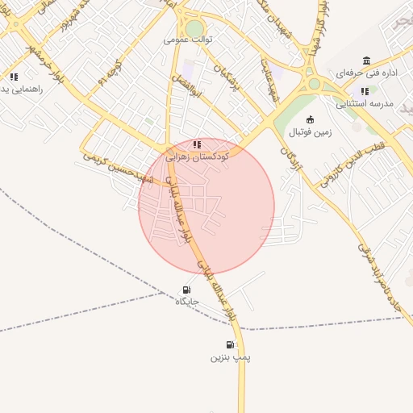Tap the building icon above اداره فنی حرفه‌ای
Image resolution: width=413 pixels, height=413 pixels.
click(x=367, y=61)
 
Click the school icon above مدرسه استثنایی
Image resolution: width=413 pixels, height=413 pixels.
click(x=365, y=91)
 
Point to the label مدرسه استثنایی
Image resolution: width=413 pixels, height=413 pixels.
click(x=364, y=103)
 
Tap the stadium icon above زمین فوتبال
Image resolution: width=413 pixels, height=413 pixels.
click(x=311, y=119)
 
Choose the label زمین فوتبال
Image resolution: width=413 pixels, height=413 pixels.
click(x=310, y=131)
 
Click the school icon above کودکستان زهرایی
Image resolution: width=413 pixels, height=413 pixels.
click(x=198, y=144)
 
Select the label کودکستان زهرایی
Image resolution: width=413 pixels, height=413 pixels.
click(x=198, y=157)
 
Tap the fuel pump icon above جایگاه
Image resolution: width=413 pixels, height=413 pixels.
click(x=187, y=290)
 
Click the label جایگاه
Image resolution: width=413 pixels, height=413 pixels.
click(x=187, y=302)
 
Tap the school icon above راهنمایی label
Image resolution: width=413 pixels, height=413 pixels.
click(x=14, y=77)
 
